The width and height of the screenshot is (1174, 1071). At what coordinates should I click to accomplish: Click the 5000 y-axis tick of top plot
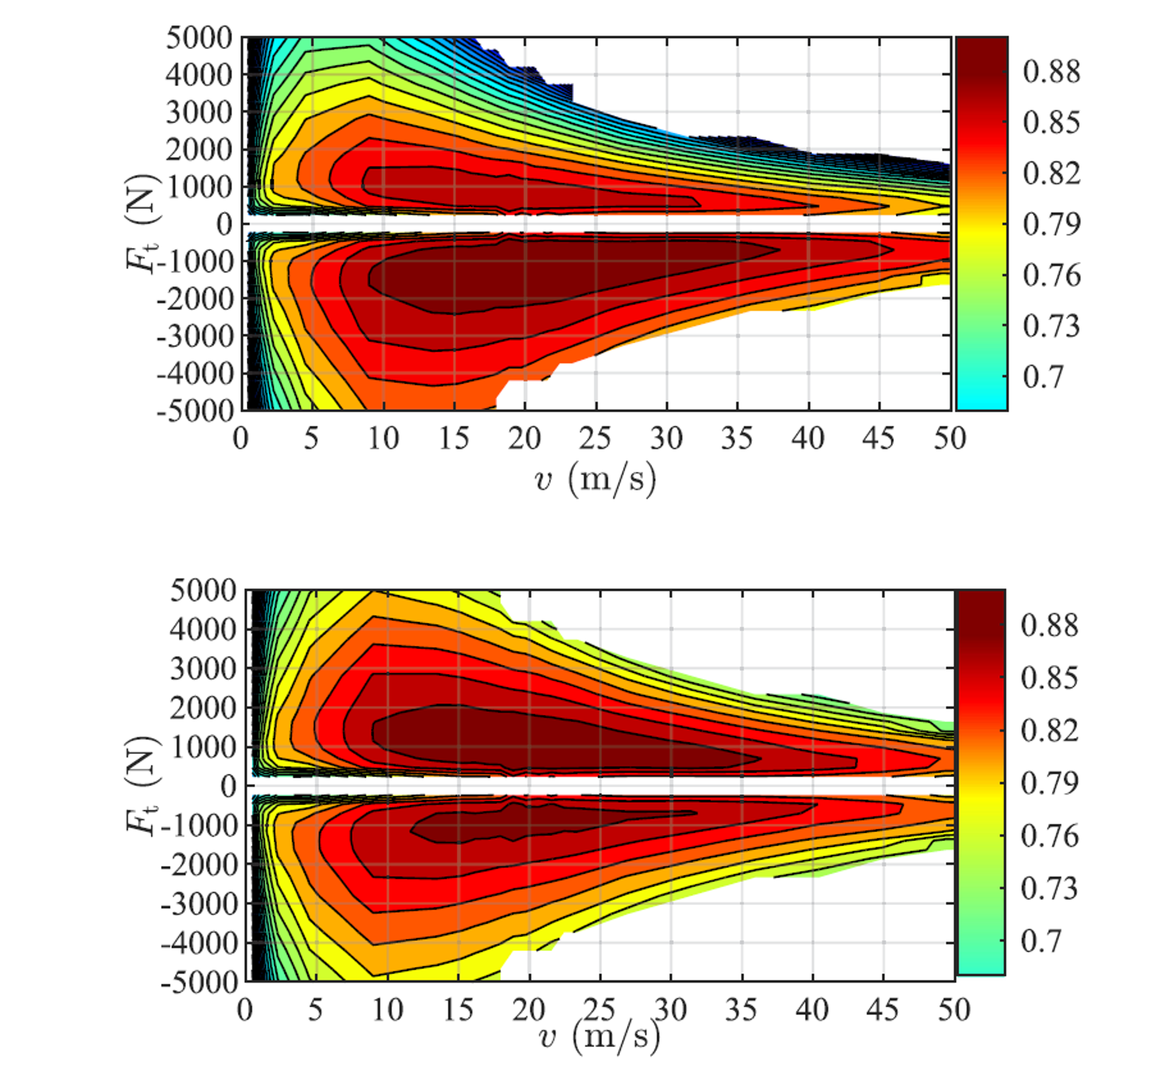[x=199, y=39]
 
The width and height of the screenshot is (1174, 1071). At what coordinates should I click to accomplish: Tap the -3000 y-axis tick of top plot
[x=194, y=336]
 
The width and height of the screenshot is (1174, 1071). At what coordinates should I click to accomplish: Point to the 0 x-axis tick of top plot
[x=241, y=438]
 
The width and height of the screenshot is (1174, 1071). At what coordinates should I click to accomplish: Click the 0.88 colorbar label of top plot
[x=1051, y=72]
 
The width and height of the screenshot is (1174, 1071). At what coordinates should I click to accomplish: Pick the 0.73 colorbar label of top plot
[x=1051, y=326]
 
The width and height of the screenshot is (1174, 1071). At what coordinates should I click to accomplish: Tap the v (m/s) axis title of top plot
[x=595, y=479]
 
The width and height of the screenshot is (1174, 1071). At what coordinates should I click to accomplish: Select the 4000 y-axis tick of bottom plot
[x=203, y=630]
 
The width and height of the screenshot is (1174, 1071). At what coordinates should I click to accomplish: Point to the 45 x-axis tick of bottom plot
[x=883, y=1010]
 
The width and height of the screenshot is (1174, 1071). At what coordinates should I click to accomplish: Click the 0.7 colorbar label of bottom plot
[x=1041, y=941]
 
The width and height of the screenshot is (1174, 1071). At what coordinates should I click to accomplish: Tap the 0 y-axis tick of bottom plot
[x=228, y=787]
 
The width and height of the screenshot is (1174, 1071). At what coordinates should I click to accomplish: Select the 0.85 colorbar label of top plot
[x=1051, y=123]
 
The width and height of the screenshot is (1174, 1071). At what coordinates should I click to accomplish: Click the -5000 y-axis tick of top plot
[x=194, y=412]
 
